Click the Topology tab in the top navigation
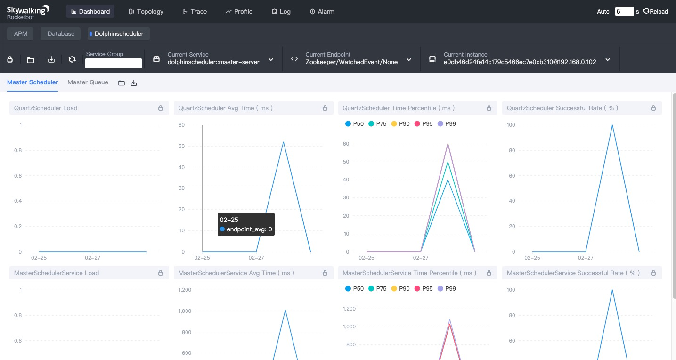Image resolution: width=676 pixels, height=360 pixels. [x=146, y=11]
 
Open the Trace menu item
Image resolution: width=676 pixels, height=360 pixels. [x=195, y=11]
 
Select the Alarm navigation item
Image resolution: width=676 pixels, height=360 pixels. [x=322, y=11]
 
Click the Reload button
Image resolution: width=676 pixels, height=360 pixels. [x=655, y=11]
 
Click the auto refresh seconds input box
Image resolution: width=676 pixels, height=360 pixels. [x=624, y=11]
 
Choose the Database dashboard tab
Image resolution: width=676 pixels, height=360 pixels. [x=61, y=33]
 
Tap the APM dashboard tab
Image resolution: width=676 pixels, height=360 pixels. [x=21, y=33]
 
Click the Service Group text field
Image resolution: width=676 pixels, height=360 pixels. [x=114, y=63]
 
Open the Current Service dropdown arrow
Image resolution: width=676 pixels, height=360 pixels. [x=271, y=59]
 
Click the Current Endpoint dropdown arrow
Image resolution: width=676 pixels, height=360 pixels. [x=409, y=59]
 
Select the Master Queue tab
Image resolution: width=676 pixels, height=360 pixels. [x=88, y=82]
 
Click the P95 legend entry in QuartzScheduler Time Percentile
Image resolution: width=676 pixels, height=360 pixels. [x=424, y=124]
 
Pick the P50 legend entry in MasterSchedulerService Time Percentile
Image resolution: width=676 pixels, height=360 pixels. [x=354, y=288]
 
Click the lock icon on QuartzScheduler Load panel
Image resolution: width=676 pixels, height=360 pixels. [x=161, y=108]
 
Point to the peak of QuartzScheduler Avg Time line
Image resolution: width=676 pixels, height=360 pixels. [x=284, y=142]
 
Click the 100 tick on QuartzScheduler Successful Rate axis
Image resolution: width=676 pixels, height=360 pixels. [x=511, y=125]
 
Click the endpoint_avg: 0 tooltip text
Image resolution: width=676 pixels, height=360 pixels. [x=249, y=229]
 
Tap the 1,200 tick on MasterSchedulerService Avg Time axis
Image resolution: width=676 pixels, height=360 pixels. [x=185, y=290]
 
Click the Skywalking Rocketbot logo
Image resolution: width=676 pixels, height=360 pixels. [x=28, y=12]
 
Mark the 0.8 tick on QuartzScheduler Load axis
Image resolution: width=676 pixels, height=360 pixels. [x=18, y=150]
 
